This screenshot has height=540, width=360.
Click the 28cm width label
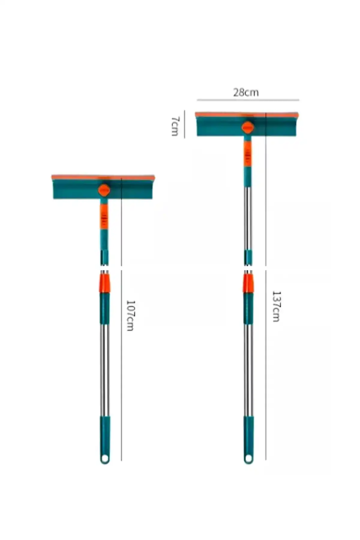click(x=246, y=92)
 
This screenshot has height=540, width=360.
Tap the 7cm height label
click(x=175, y=126)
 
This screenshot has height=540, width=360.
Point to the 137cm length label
click(x=276, y=306)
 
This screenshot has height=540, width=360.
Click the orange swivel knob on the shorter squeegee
click(x=104, y=190)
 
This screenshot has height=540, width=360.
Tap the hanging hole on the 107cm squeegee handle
click(x=105, y=459)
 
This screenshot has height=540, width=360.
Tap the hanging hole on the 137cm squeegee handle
click(x=248, y=459)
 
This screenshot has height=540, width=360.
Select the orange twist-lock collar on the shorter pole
click(x=105, y=283)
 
